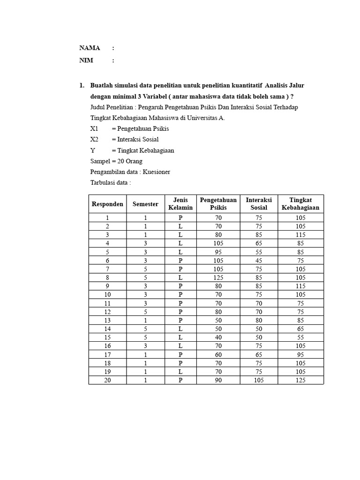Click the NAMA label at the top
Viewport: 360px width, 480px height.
[90, 48]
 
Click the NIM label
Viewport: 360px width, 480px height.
[86, 60]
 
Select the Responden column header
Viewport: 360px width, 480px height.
[107, 204]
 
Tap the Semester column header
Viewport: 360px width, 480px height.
[145, 204]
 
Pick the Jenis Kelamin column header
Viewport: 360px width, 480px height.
[180, 204]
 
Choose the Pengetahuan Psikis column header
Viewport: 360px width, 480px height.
[218, 204]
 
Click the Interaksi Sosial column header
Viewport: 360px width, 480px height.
[259, 204]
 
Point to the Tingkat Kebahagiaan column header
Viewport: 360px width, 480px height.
[300, 204]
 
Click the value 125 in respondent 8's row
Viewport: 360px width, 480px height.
[218, 277]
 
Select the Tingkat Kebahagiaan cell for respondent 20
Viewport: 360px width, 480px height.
[300, 380]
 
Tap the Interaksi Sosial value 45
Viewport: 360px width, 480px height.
[259, 261]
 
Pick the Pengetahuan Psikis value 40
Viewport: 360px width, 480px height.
[218, 337]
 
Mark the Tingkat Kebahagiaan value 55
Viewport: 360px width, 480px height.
[300, 337]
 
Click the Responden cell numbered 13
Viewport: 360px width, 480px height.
[107, 321]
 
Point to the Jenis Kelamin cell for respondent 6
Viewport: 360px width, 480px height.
[180, 261]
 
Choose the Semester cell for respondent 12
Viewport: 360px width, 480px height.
[145, 312]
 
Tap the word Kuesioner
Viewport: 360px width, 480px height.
[157, 172]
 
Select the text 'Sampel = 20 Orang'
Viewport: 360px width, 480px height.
[116, 161]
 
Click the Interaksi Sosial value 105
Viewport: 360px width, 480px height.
[259, 380]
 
